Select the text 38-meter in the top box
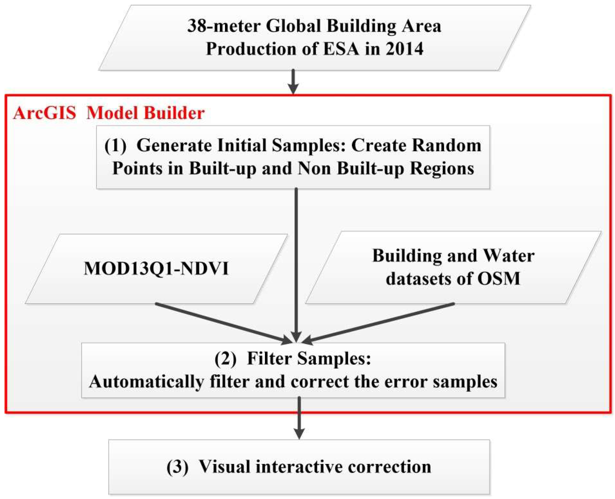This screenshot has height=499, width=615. (224, 26)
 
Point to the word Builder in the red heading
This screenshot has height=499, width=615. (174, 113)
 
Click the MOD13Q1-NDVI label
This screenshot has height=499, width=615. (156, 269)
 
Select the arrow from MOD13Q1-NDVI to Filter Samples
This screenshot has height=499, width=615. (221, 323)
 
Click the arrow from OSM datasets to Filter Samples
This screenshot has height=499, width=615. (379, 323)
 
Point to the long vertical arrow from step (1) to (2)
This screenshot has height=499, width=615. (296, 259)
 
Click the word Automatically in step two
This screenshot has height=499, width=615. (147, 382)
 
